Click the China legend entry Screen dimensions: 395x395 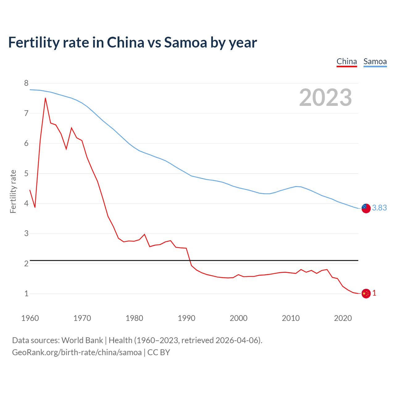(347, 61)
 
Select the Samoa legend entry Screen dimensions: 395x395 (375, 61)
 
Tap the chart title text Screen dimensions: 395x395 (132, 42)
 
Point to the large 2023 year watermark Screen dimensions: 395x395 (325, 98)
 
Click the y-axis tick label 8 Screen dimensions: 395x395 (26, 83)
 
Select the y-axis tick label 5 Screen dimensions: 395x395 (26, 173)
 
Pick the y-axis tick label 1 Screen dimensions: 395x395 (26, 293)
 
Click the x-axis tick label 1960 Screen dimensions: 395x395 (30, 318)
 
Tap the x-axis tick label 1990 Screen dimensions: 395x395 (186, 318)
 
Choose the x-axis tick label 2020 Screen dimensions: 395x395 (343, 318)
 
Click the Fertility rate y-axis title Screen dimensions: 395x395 (13, 191)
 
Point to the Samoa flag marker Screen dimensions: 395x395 (366, 208)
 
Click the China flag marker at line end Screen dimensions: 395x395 (366, 293)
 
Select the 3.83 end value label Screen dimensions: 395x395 (379, 208)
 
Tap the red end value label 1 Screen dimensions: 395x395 (374, 293)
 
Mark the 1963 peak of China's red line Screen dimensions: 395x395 (45, 98)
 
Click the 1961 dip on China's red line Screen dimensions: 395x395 (35, 207)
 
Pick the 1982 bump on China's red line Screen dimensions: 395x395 (144, 234)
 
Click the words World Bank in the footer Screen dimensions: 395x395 (82, 340)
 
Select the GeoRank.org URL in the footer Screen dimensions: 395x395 (77, 352)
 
